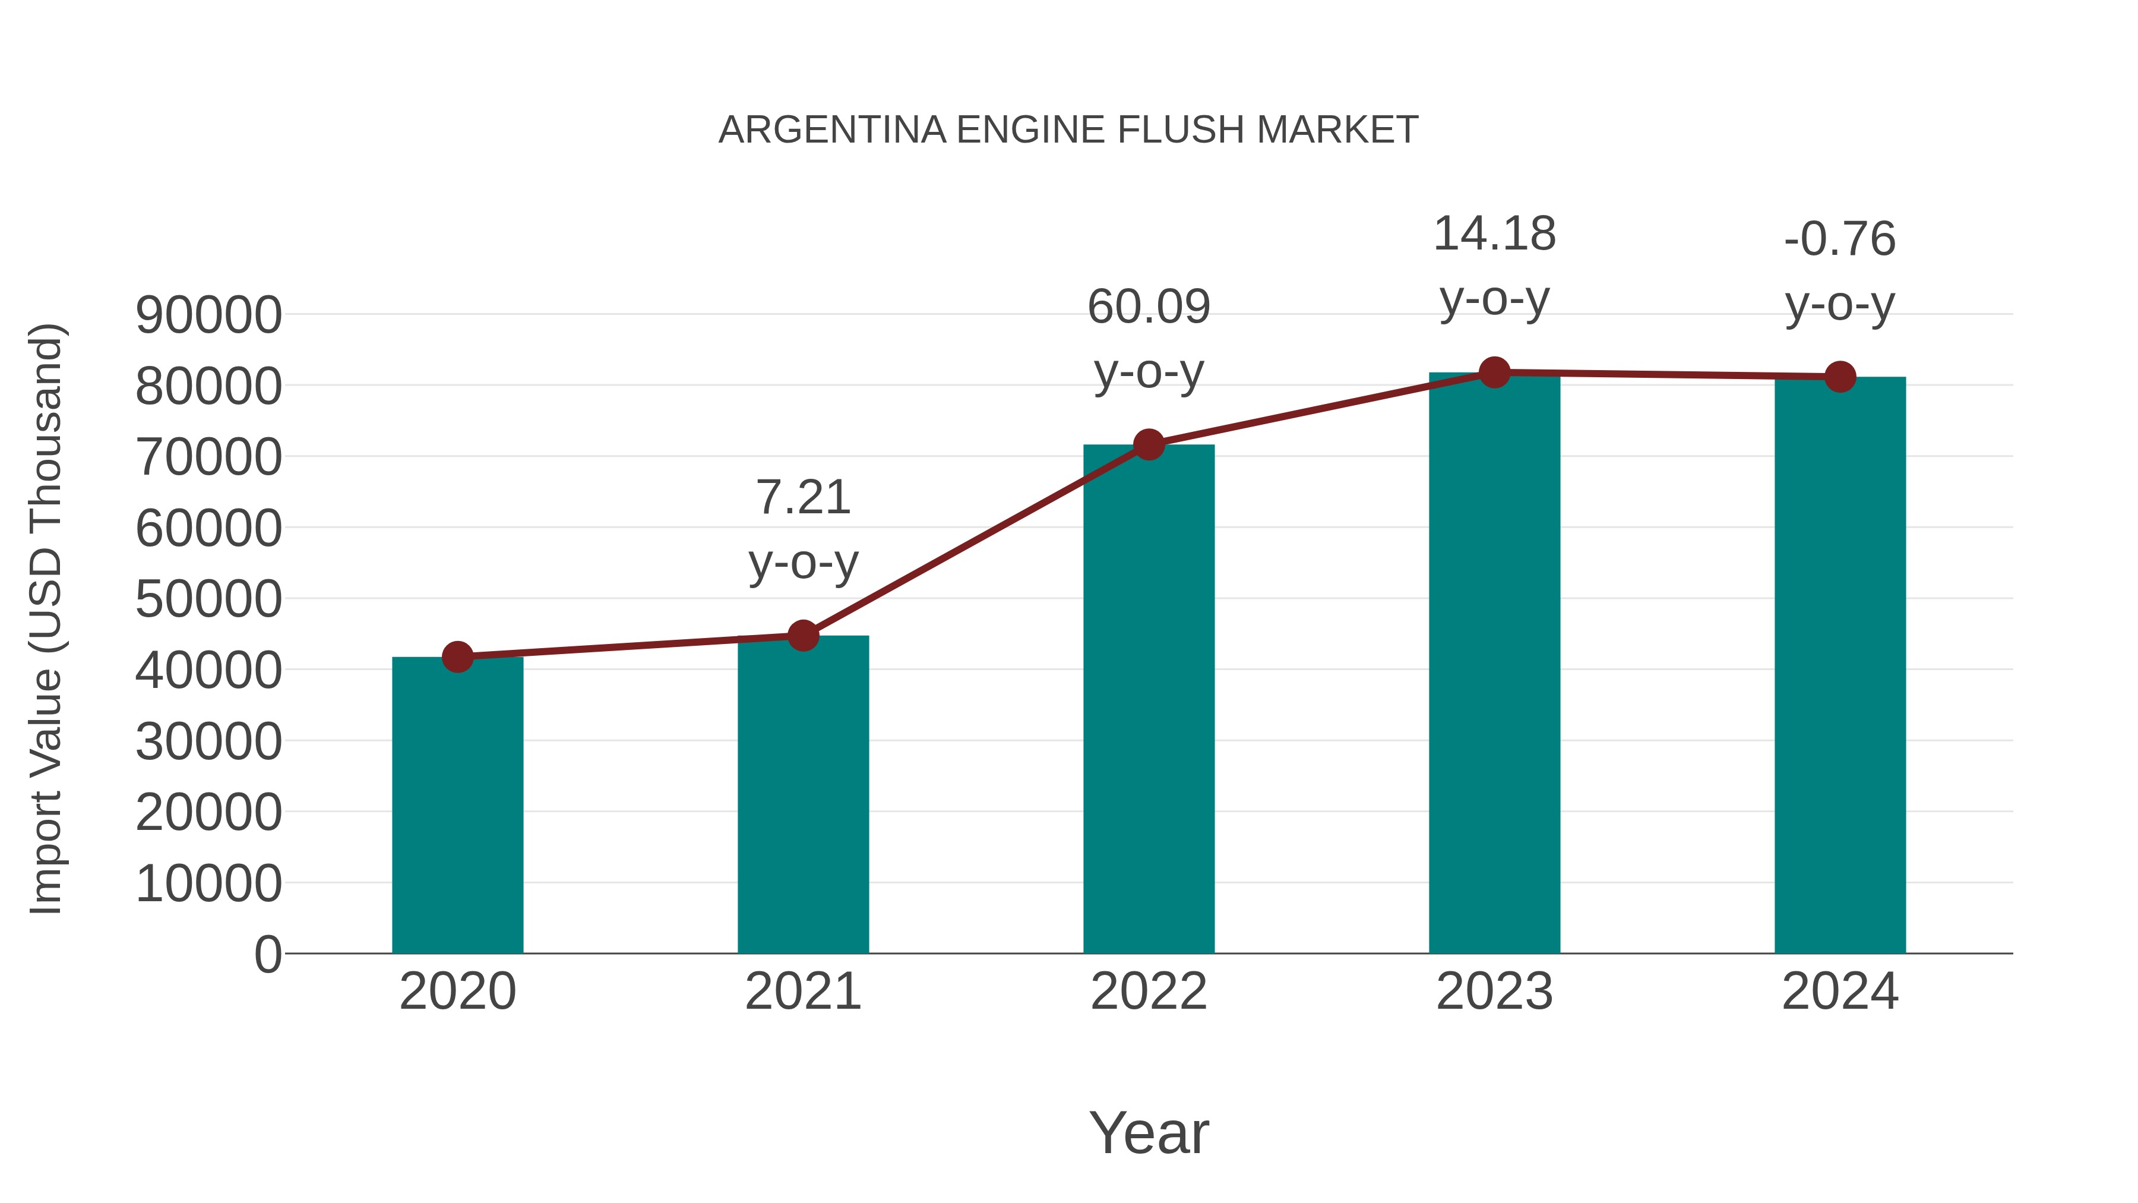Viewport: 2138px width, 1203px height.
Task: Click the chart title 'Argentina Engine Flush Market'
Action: point(1068,130)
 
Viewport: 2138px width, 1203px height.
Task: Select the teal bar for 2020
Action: point(457,806)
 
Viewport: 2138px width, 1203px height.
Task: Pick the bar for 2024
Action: point(1840,665)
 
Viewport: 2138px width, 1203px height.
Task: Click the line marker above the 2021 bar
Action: point(802,636)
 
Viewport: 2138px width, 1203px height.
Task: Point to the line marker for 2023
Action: point(1494,372)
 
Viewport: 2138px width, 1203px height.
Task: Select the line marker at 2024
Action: point(1840,377)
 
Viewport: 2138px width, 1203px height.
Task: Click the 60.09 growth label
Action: point(1149,307)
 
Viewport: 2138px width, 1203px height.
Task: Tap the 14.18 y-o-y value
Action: point(1494,234)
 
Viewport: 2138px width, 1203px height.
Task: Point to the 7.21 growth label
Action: point(802,498)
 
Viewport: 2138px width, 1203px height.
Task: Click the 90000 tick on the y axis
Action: point(208,315)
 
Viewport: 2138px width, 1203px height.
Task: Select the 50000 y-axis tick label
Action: point(208,599)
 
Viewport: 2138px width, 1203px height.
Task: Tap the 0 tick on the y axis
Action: point(268,955)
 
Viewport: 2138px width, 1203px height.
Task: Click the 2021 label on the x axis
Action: point(802,992)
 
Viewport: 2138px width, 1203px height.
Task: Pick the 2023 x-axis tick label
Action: point(1494,992)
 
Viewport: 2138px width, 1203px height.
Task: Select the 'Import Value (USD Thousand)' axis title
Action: point(46,620)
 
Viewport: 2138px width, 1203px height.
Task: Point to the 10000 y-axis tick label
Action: point(208,883)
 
